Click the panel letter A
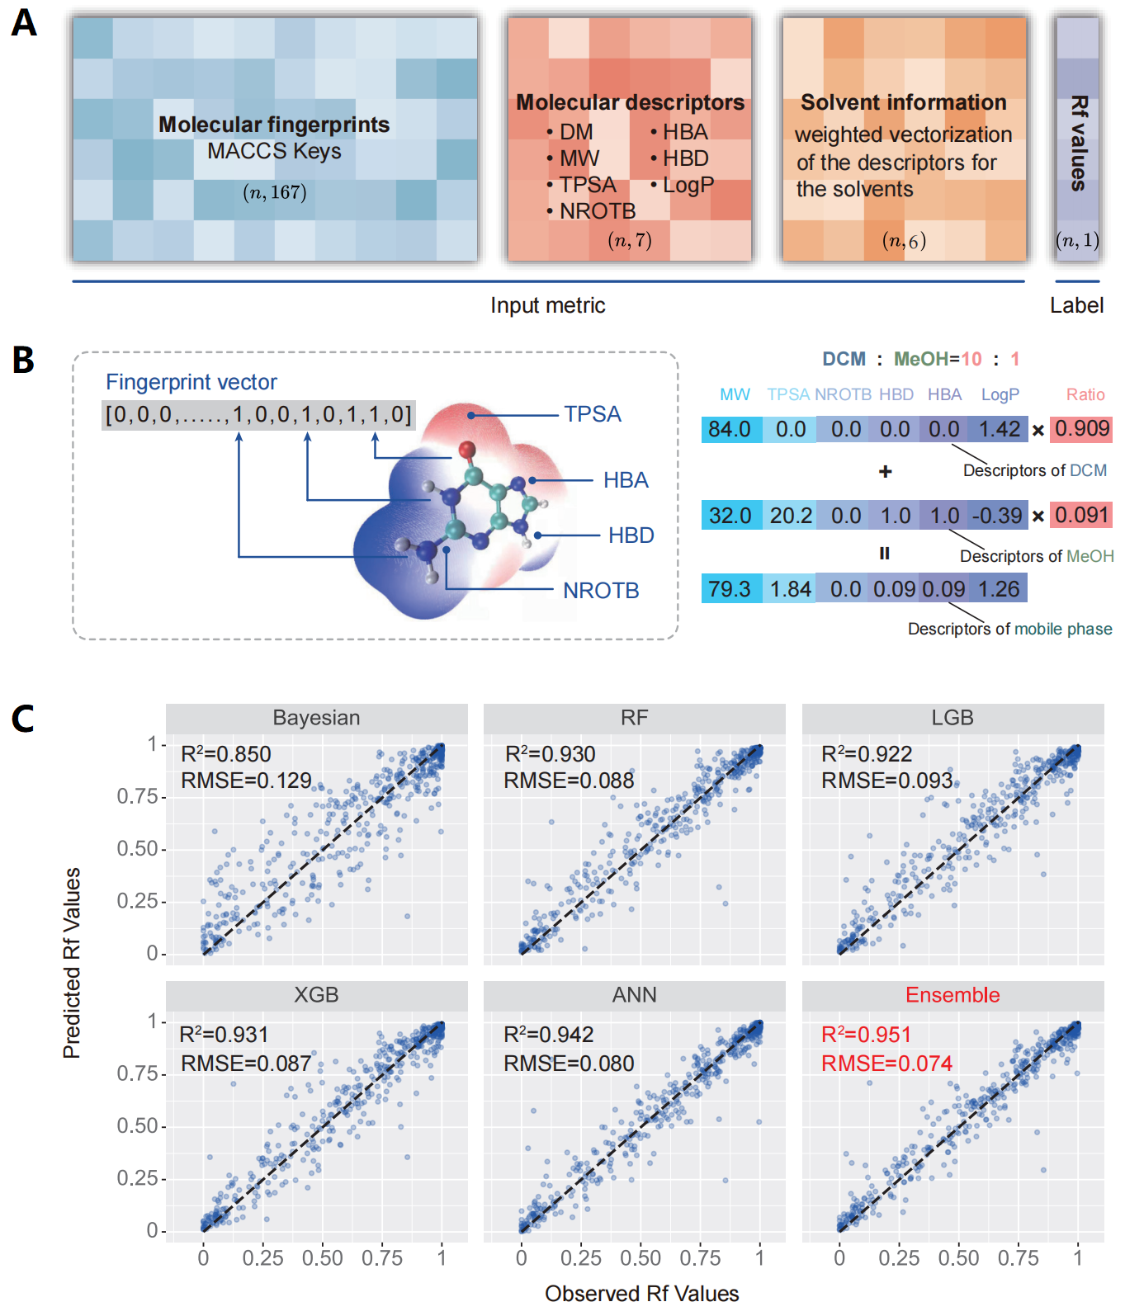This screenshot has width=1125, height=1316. tap(24, 22)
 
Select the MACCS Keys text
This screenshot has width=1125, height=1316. tap(274, 151)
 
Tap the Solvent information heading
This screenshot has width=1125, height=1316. tap(903, 102)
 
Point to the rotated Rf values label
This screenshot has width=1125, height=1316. tap(1078, 143)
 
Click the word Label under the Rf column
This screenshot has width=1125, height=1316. tap(1076, 305)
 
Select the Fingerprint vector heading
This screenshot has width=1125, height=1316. tap(191, 382)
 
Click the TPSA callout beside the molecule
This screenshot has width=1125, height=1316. tap(592, 414)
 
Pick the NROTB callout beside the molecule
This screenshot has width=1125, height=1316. tap(601, 591)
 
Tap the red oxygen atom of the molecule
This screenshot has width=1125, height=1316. tap(467, 450)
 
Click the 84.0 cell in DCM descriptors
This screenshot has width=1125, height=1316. tap(730, 429)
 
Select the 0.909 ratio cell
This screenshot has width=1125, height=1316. tap(1082, 428)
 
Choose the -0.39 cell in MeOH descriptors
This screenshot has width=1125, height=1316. tap(997, 516)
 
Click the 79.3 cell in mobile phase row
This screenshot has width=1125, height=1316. tap(730, 589)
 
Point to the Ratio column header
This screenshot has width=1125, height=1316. tap(1085, 394)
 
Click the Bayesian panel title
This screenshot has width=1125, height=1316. tap(316, 718)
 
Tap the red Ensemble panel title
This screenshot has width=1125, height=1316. tap(952, 995)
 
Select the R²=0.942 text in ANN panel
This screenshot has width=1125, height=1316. tap(549, 1035)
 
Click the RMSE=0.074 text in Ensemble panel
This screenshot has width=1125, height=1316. tap(886, 1064)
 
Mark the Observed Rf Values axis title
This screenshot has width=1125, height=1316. tap(641, 1294)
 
